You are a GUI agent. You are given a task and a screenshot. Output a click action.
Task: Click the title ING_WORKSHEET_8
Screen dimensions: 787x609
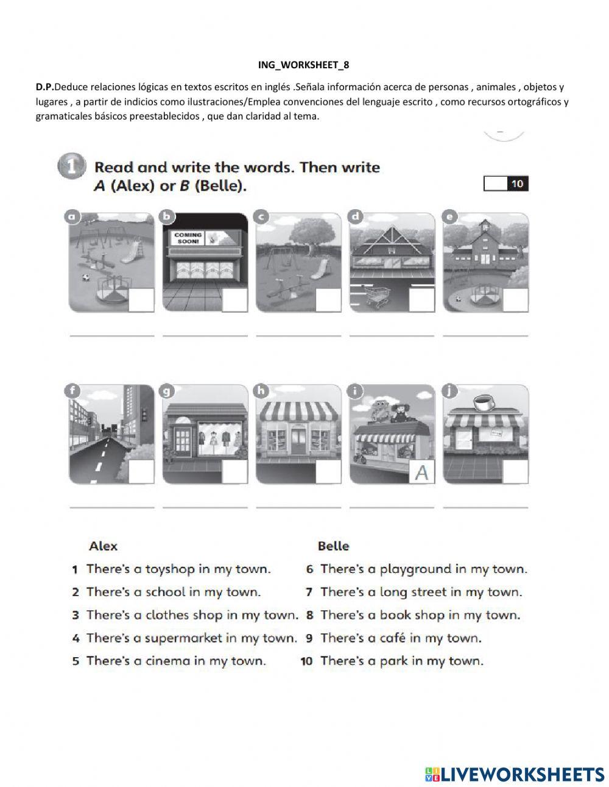pyautogui.click(x=303, y=65)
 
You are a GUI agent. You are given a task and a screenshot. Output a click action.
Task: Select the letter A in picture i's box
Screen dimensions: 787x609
pyautogui.click(x=421, y=472)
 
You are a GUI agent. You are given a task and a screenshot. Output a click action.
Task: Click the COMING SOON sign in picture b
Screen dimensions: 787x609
pyautogui.click(x=188, y=238)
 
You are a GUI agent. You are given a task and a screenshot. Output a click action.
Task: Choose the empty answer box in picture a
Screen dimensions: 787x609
pyautogui.click(x=141, y=300)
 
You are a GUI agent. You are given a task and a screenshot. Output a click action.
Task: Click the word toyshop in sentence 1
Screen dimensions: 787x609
pyautogui.click(x=170, y=569)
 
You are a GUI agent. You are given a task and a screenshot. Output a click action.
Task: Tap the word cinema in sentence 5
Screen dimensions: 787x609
pyautogui.click(x=167, y=661)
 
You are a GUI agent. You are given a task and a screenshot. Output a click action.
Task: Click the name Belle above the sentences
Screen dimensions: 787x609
pyautogui.click(x=333, y=546)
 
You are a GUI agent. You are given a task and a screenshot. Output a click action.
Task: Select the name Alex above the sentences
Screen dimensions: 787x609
pyautogui.click(x=104, y=546)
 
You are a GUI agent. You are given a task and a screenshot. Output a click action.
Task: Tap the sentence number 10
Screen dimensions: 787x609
pyautogui.click(x=306, y=661)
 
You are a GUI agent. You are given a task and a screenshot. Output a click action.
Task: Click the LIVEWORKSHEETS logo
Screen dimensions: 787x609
pyautogui.click(x=515, y=774)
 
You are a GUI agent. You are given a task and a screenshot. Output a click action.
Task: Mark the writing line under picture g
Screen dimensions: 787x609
pyautogui.click(x=205, y=507)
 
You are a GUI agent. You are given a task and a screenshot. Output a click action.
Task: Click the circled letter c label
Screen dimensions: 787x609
pyautogui.click(x=261, y=217)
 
